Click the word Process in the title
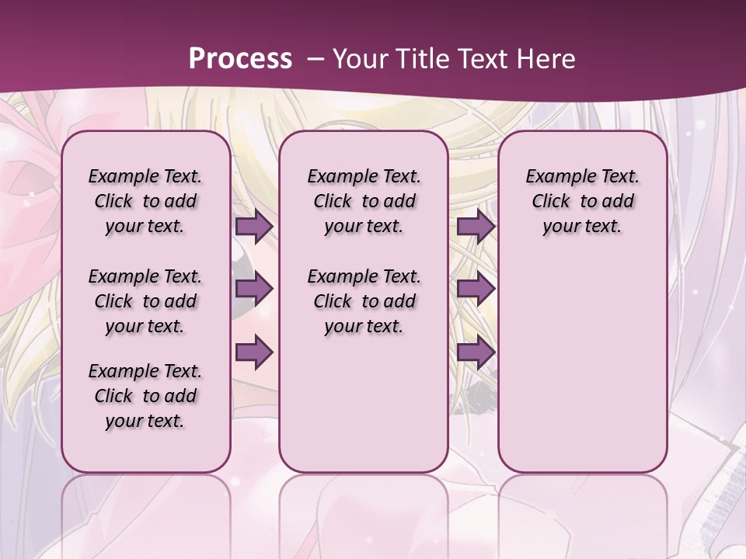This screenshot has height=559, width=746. point(240,59)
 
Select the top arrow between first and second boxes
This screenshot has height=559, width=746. point(254,226)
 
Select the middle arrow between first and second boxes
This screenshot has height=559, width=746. point(254,289)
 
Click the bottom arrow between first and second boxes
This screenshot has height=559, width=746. point(254,352)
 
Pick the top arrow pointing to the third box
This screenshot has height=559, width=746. point(476,226)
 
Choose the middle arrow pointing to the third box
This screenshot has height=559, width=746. point(476,289)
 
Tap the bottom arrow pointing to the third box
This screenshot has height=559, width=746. point(476,352)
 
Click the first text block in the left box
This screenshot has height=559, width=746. point(145,201)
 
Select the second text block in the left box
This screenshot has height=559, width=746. point(145,301)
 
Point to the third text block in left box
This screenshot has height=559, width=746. point(145,396)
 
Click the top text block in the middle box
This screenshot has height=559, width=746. point(364,201)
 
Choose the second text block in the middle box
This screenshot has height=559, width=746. point(364,301)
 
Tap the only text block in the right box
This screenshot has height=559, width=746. point(582,201)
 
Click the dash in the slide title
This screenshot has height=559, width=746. point(315,60)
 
